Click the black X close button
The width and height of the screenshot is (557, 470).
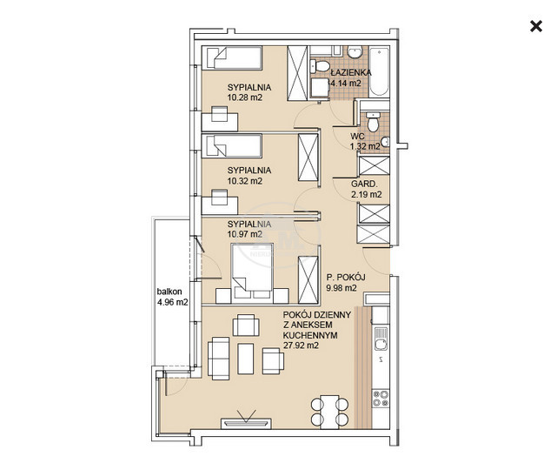coord(536,26)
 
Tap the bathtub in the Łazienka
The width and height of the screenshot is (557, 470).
coord(379,71)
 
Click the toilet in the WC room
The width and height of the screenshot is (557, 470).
coord(373,122)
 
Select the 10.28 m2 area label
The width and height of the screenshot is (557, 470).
coord(245,97)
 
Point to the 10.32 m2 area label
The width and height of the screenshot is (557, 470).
coord(245,181)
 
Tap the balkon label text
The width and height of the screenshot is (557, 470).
coord(169,292)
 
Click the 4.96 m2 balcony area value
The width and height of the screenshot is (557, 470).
coord(172,302)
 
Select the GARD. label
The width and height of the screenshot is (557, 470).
coord(364,184)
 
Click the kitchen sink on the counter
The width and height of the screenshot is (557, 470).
coord(381,339)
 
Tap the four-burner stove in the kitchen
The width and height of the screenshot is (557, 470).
coord(381,399)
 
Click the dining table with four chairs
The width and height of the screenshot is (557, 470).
coord(329,412)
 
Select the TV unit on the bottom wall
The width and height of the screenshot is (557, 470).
coord(246,423)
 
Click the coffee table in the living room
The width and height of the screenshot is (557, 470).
coord(245,359)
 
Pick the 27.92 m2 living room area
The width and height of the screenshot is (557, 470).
coord(301,345)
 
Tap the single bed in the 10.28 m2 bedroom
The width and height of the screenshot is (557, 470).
coord(232,57)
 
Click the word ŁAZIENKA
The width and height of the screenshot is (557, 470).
coord(351,72)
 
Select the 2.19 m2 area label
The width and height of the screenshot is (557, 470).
coord(367,194)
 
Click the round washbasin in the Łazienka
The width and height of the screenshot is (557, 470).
coord(355,52)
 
